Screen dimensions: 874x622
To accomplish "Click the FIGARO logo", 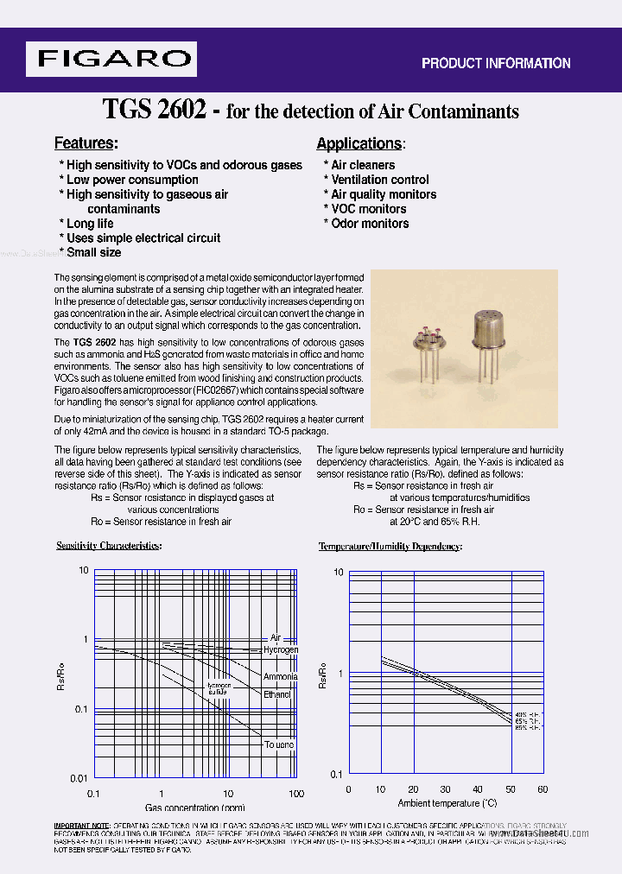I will click(111, 59).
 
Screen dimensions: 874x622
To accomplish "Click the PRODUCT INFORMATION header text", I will click(495, 63).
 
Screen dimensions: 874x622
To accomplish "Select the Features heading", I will click(86, 143).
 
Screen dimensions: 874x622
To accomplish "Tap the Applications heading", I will click(360, 144).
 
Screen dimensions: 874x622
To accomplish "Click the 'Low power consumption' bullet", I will click(131, 180).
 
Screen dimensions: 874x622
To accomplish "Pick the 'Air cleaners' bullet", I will click(362, 165).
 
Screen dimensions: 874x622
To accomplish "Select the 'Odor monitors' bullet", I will click(369, 223).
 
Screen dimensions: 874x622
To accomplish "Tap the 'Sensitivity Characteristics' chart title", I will click(109, 546).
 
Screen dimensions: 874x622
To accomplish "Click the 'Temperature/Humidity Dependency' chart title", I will click(390, 547).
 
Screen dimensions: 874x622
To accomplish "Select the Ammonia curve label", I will click(280, 676).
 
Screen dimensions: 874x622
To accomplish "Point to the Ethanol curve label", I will click(277, 694).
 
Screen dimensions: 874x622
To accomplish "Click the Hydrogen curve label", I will click(281, 649).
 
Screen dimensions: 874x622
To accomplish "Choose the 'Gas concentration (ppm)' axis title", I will click(194, 808).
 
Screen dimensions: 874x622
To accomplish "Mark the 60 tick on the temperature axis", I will click(543, 788).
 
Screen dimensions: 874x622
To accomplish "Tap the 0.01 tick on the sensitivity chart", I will click(79, 778).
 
